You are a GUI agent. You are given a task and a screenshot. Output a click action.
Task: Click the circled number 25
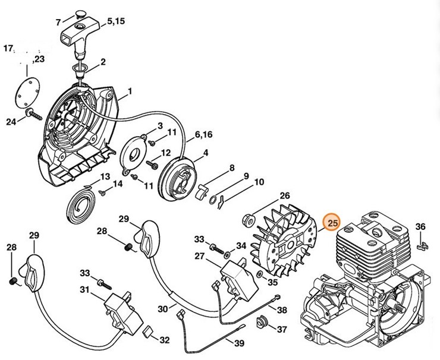click(x=332, y=223)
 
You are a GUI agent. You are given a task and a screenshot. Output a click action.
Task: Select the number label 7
click(x=58, y=23)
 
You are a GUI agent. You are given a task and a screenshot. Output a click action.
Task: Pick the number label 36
click(x=420, y=226)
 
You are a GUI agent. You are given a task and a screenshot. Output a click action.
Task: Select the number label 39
click(x=239, y=343)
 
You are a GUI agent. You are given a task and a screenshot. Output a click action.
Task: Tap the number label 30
click(x=163, y=308)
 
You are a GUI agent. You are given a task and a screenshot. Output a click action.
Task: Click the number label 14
click(x=117, y=184)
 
